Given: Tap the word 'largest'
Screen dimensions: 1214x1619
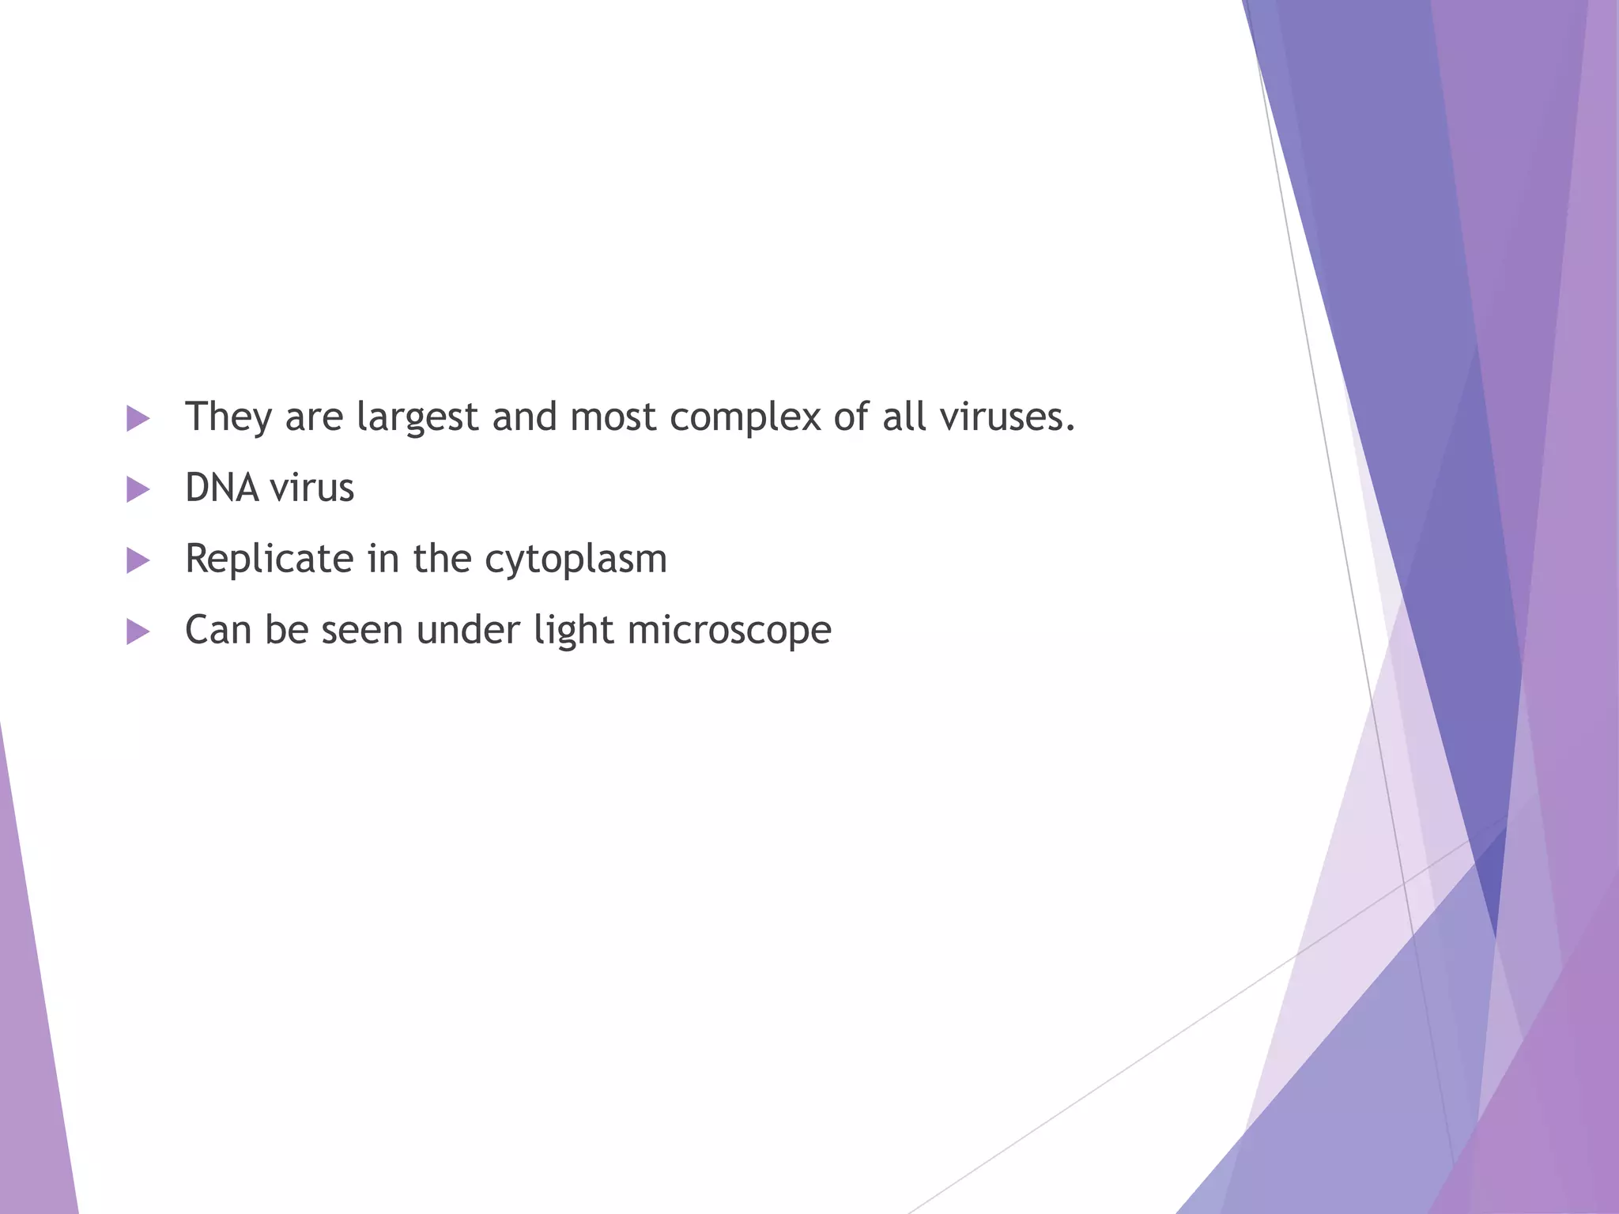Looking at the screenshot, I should click(417, 417).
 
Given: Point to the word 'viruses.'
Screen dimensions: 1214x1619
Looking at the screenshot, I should click(1008, 417).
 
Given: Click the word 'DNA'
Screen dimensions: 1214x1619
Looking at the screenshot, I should click(222, 488).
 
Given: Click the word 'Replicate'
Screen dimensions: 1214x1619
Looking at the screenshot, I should click(269, 559).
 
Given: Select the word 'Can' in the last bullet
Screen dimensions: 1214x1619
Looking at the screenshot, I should click(218, 630).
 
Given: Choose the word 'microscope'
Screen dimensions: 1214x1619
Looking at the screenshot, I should click(729, 630).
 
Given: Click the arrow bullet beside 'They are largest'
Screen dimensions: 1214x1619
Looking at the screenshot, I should click(138, 418).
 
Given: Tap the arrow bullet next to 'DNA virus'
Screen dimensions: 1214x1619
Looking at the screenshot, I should click(138, 489).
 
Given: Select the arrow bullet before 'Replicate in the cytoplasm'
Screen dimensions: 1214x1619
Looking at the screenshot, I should click(138, 560).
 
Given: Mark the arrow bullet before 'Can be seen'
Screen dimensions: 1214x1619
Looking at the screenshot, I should click(138, 632).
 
